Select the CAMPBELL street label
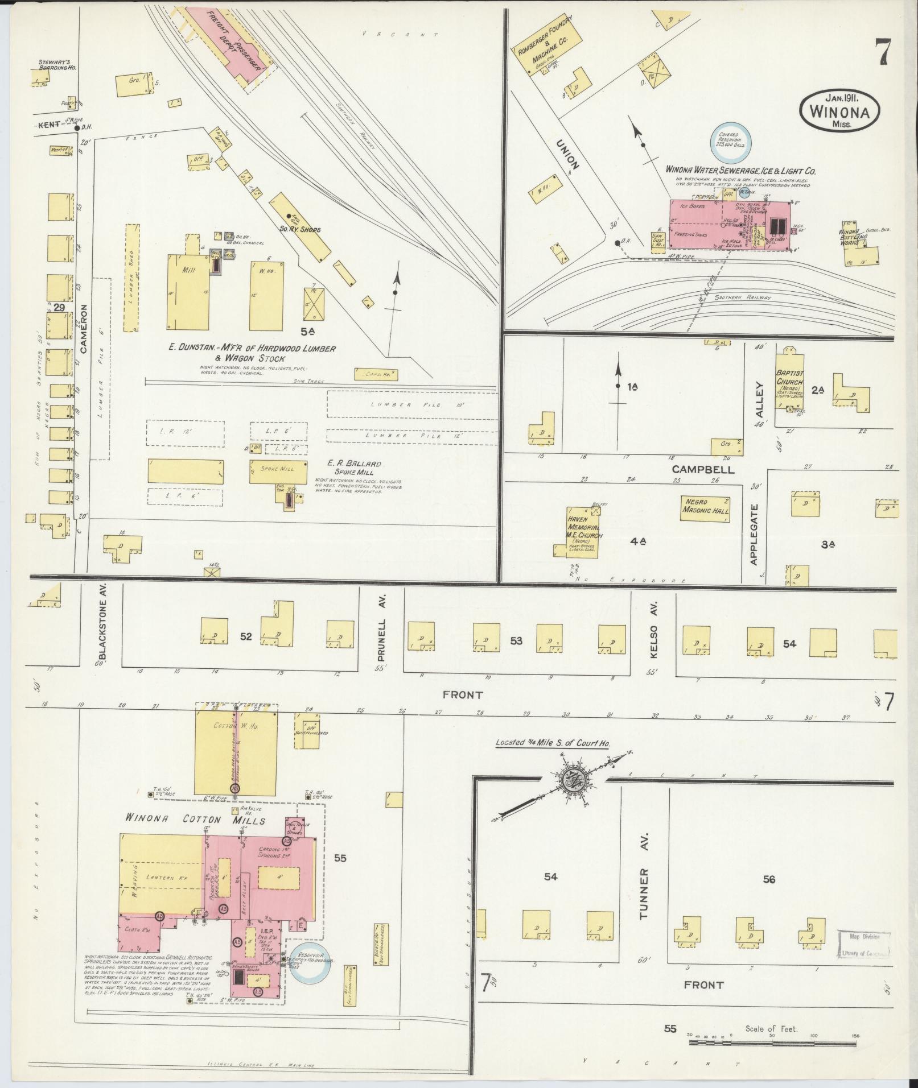point(703,470)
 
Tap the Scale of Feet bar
point(772,1044)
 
